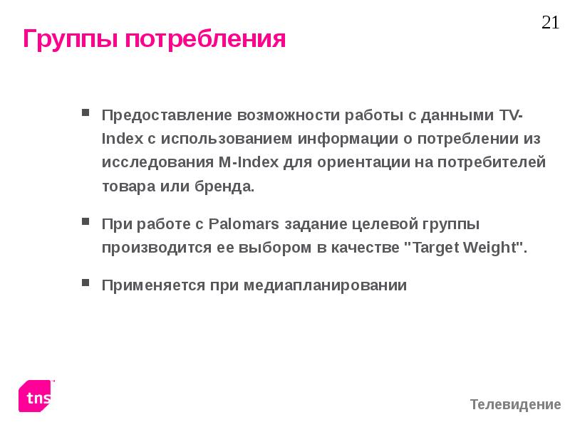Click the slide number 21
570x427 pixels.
tap(550, 23)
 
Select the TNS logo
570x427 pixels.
tap(36, 396)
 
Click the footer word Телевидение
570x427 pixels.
tap(515, 405)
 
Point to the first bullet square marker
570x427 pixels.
tap(85, 112)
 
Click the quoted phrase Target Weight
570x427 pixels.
tap(465, 248)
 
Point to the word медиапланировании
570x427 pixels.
tap(325, 285)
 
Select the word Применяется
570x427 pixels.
tap(150, 285)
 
